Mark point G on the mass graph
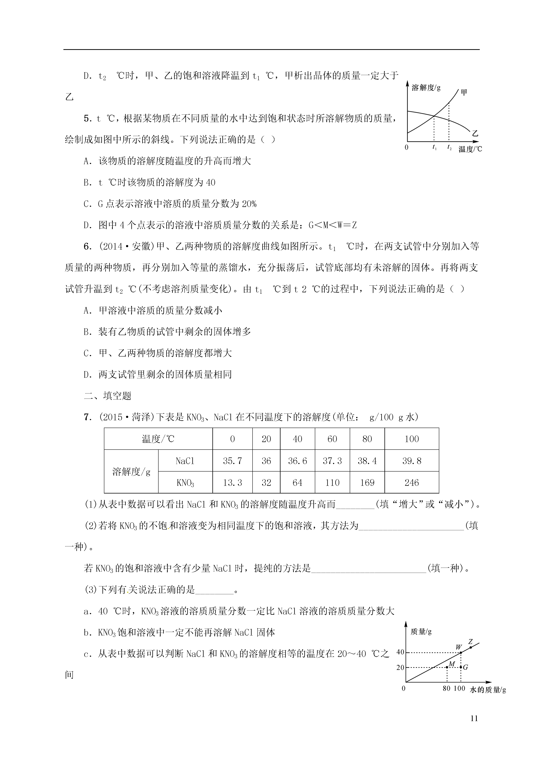461,667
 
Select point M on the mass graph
447,667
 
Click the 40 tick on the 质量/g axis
400,652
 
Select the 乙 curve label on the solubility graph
475,133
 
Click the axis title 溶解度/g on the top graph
426,88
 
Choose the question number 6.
87,247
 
